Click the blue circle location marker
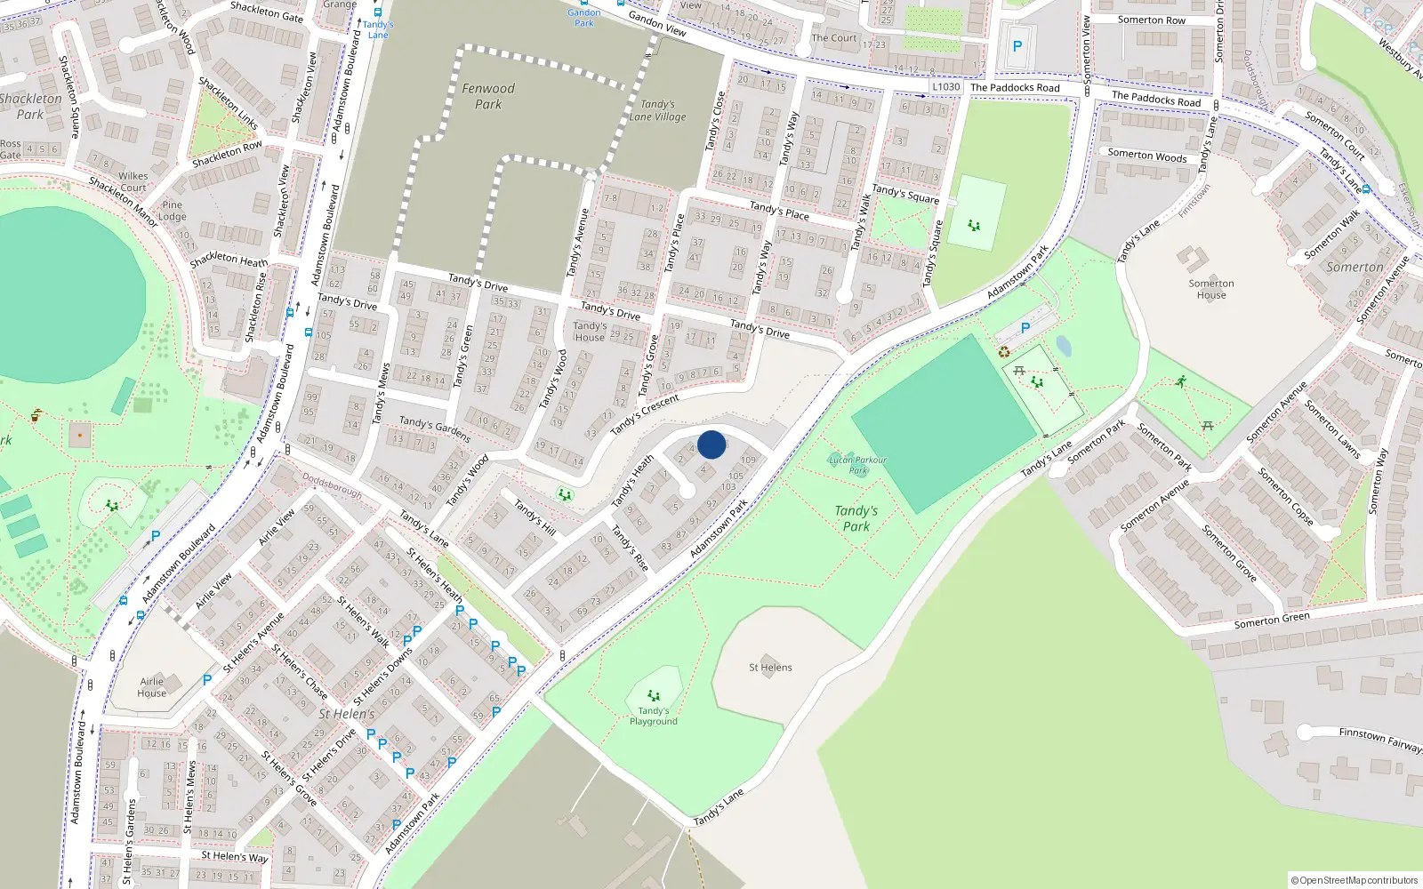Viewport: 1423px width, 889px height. pos(711,444)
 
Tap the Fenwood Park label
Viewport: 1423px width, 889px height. pos(488,96)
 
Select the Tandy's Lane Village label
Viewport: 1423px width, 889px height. pos(657,110)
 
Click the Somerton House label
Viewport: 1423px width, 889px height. pos(1210,289)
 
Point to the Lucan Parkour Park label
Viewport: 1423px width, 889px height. pos(857,465)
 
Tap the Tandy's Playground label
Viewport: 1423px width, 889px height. pos(653,716)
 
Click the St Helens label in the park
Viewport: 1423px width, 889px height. pos(770,668)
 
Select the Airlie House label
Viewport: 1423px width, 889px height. pos(152,687)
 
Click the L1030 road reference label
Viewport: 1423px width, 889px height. pos(946,87)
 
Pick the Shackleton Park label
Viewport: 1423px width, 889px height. pos(31,107)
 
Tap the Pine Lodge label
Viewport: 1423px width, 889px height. pos(173,211)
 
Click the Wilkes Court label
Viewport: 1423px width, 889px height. pos(133,182)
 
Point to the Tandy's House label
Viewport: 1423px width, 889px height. pos(590,332)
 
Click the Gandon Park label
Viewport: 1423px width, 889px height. pos(584,18)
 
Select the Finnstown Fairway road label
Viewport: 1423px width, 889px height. pos(1380,740)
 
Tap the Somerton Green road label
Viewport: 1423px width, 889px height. pos(1272,621)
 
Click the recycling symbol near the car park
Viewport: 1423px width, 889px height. pos(1004,352)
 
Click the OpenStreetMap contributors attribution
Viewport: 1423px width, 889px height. pos(1355,880)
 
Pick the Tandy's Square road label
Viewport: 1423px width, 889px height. pos(905,194)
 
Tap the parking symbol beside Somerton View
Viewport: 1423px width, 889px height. pos(1017,46)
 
